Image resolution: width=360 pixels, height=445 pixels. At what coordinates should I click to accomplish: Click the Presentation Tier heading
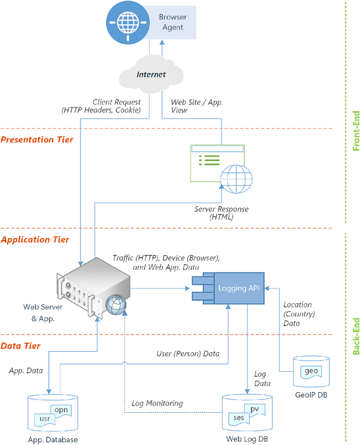(x=37, y=140)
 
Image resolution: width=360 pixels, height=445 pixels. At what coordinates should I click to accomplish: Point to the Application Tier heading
(x=35, y=240)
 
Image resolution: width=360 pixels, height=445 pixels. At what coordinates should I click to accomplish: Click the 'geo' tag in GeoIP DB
(x=310, y=371)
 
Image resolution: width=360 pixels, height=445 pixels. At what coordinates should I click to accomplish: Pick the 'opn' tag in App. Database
(x=61, y=410)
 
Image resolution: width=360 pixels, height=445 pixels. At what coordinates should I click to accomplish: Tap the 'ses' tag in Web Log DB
(x=238, y=419)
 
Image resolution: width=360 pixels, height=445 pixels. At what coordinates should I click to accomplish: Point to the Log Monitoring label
(x=157, y=403)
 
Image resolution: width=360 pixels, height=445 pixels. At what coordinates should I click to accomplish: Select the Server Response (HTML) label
(x=221, y=213)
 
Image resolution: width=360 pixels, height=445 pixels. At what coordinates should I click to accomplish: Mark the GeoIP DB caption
(x=310, y=395)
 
